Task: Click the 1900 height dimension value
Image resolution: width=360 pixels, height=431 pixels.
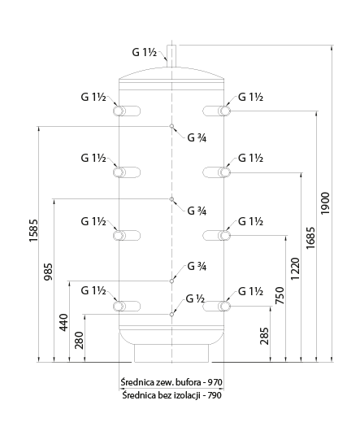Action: (325, 203)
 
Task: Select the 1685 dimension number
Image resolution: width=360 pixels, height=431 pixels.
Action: (310, 238)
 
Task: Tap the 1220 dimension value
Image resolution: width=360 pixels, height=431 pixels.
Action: (295, 269)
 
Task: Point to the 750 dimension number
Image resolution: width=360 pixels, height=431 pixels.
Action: (280, 295)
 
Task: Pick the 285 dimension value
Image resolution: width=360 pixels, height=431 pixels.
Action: (264, 336)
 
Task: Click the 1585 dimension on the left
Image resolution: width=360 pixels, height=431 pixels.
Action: (33, 231)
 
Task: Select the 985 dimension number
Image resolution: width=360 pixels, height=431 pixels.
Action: (48, 272)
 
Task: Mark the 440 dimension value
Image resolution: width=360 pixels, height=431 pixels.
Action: (63, 322)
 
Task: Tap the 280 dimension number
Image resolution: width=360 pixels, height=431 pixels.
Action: (79, 340)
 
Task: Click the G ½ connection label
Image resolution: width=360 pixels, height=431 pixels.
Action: (195, 298)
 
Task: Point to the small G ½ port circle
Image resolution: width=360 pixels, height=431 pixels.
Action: (171, 314)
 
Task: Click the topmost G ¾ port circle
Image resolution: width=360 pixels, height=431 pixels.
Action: (171, 126)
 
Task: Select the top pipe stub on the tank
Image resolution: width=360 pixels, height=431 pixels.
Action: (171, 56)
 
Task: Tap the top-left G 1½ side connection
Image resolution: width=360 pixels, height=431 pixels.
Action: (127, 111)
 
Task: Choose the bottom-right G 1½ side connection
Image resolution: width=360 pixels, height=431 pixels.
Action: (217, 306)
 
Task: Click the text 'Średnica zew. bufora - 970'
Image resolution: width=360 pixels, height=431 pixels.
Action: (171, 382)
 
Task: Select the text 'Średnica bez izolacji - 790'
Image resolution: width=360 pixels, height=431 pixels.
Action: (172, 395)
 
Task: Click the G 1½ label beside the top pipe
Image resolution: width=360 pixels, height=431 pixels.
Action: (145, 52)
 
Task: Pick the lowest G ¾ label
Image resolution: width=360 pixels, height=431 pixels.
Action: (197, 266)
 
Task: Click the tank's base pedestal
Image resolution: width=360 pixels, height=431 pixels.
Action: (171, 353)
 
